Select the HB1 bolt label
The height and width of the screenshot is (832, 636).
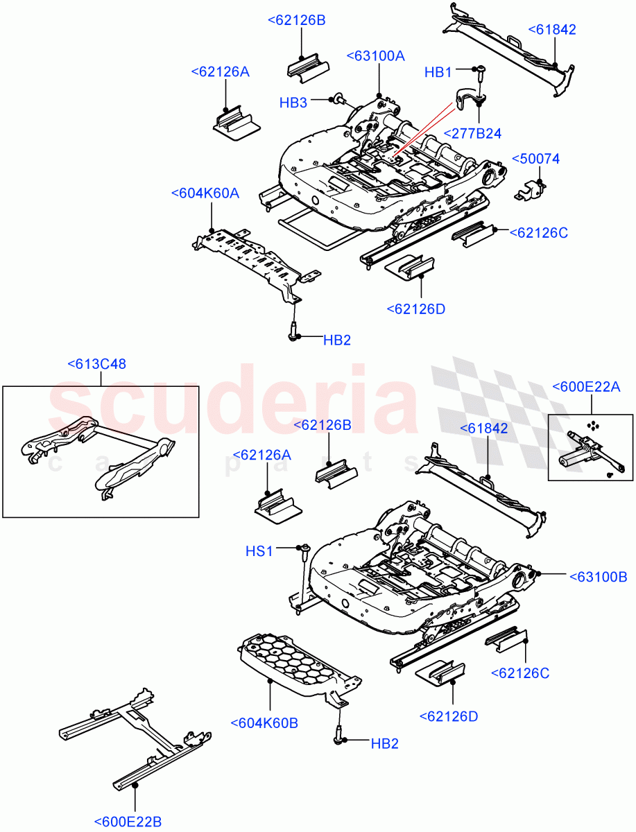(x=438, y=72)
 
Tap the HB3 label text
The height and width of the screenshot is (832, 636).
(x=293, y=103)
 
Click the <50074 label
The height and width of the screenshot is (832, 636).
(x=535, y=159)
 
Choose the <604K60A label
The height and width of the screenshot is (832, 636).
(x=205, y=193)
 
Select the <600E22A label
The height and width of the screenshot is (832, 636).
(x=585, y=387)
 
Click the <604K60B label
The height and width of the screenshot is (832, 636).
(x=264, y=722)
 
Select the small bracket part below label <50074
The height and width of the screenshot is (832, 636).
(x=529, y=189)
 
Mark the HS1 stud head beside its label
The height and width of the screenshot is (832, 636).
(x=303, y=549)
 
